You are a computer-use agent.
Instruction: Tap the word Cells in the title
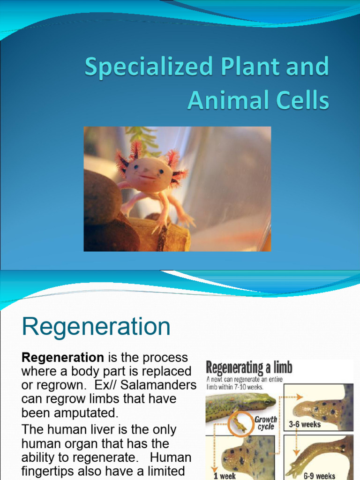coord(305,101)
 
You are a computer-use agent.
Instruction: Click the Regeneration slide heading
coord(96,326)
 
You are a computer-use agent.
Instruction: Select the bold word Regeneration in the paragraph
coord(63,358)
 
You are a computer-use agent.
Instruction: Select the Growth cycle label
coord(266,423)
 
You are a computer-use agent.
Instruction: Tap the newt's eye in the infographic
coord(268,400)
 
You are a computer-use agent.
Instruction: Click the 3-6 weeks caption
coord(304,424)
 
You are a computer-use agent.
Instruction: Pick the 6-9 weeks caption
coord(319,476)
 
